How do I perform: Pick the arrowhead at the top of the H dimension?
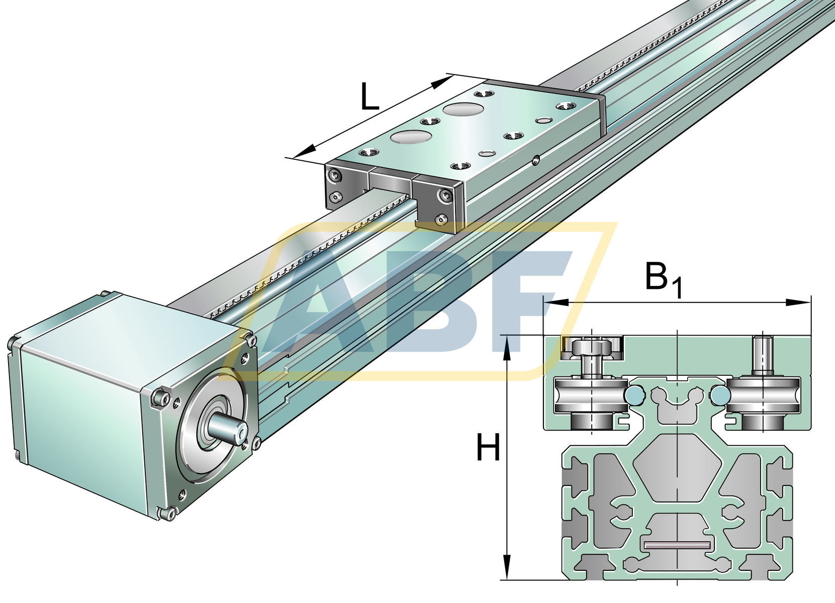pyautogui.click(x=507, y=347)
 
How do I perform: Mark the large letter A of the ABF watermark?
pyautogui.click(x=322, y=307)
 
